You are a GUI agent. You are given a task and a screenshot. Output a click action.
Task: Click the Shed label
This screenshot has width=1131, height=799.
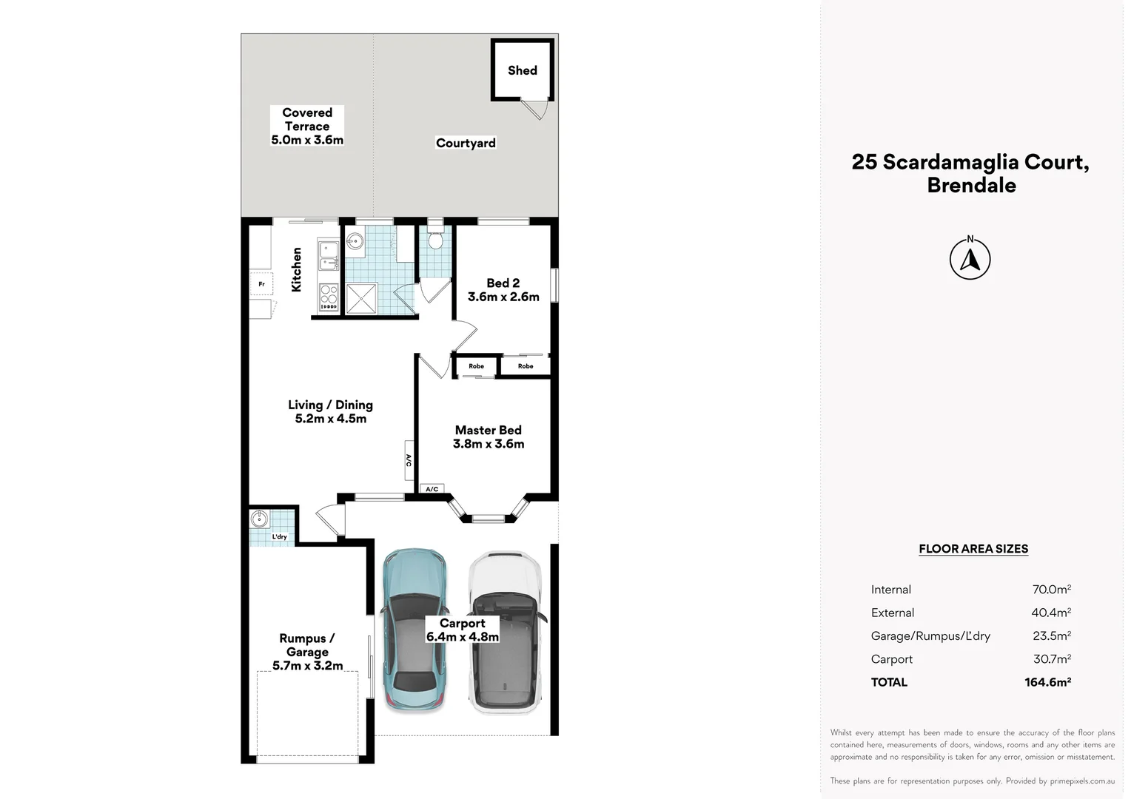pos(522,70)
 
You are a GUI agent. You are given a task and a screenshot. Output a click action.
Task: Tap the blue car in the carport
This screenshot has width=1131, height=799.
pos(414,629)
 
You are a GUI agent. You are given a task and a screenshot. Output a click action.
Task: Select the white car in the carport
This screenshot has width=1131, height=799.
pos(506,633)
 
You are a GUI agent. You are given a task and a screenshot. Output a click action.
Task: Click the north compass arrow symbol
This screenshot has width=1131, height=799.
pos(970,260)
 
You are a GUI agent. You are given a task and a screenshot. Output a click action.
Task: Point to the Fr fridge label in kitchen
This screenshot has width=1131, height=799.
pos(261,284)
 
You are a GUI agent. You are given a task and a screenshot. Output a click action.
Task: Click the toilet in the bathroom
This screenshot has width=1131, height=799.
pos(435,240)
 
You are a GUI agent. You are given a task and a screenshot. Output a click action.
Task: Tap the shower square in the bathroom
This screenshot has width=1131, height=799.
pos(361,298)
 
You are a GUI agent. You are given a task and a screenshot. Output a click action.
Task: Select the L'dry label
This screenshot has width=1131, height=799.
pos(279,537)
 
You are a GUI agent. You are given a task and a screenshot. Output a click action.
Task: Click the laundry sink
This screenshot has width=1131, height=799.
pos(258,519)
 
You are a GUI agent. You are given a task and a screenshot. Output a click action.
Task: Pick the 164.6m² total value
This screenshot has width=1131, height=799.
pos(1047,682)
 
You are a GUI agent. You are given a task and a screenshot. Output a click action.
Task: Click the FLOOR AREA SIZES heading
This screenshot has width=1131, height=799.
pos(973,549)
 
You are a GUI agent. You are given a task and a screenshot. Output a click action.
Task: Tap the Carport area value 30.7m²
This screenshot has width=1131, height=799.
pos(1051,659)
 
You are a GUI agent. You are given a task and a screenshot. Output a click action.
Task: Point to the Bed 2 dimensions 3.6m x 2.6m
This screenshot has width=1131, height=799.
pos(503,297)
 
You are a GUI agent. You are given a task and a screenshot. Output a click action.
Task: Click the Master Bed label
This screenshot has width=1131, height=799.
pos(488,430)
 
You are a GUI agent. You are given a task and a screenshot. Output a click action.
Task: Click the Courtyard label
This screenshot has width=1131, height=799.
pos(466,143)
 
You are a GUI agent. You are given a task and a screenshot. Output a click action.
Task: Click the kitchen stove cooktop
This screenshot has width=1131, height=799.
pos(328,296)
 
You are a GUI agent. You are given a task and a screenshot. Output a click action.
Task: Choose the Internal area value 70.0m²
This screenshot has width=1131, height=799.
pos(1051,590)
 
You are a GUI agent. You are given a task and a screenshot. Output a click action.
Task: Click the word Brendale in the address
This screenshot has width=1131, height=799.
pos(971,185)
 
